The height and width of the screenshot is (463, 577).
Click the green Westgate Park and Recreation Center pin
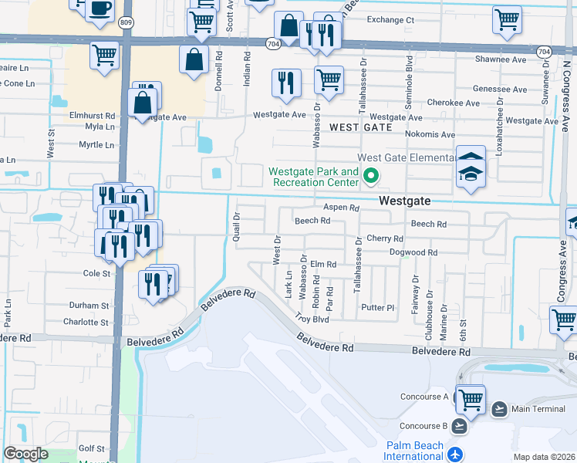pos(371,177)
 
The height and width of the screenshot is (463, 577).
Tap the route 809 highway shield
pos(125,23)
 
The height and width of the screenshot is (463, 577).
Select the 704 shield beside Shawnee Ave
pos(544,52)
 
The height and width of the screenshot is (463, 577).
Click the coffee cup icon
pos(100,8)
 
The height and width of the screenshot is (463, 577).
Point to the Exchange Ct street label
pos(390,20)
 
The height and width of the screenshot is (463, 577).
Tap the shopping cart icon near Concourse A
pos(470,400)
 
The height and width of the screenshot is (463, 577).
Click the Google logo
pos(25,454)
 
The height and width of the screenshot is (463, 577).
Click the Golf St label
pos(91,448)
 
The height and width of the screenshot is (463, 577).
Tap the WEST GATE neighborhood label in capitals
pos(356,127)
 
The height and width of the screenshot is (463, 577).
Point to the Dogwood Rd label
pos(413,252)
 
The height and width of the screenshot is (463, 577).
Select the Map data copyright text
pos(543,457)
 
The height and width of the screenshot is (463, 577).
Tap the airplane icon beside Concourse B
pos(461,426)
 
